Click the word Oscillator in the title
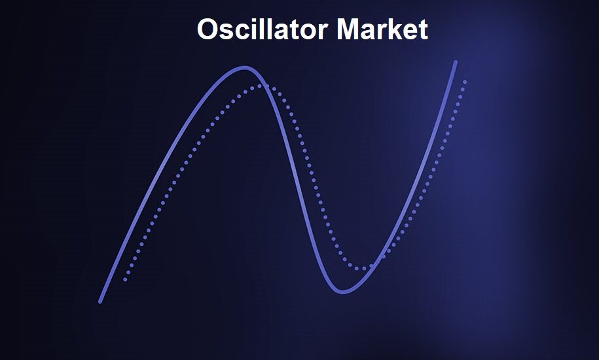pyautogui.click(x=263, y=29)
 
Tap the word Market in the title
pyautogui.click(x=382, y=29)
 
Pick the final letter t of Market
pyautogui.click(x=423, y=30)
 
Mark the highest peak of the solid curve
pyautogui.click(x=245, y=68)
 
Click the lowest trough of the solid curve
pyautogui.click(x=342, y=292)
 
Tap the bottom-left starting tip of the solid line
pyautogui.click(x=100, y=302)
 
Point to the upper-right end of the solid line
pyautogui.click(x=456, y=62)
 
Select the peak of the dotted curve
pyautogui.click(x=260, y=86)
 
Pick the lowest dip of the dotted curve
pyautogui.click(x=359, y=268)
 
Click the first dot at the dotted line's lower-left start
pyautogui.click(x=125, y=280)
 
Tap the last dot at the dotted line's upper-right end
pyautogui.click(x=465, y=81)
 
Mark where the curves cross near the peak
pyautogui.click(x=263, y=86)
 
